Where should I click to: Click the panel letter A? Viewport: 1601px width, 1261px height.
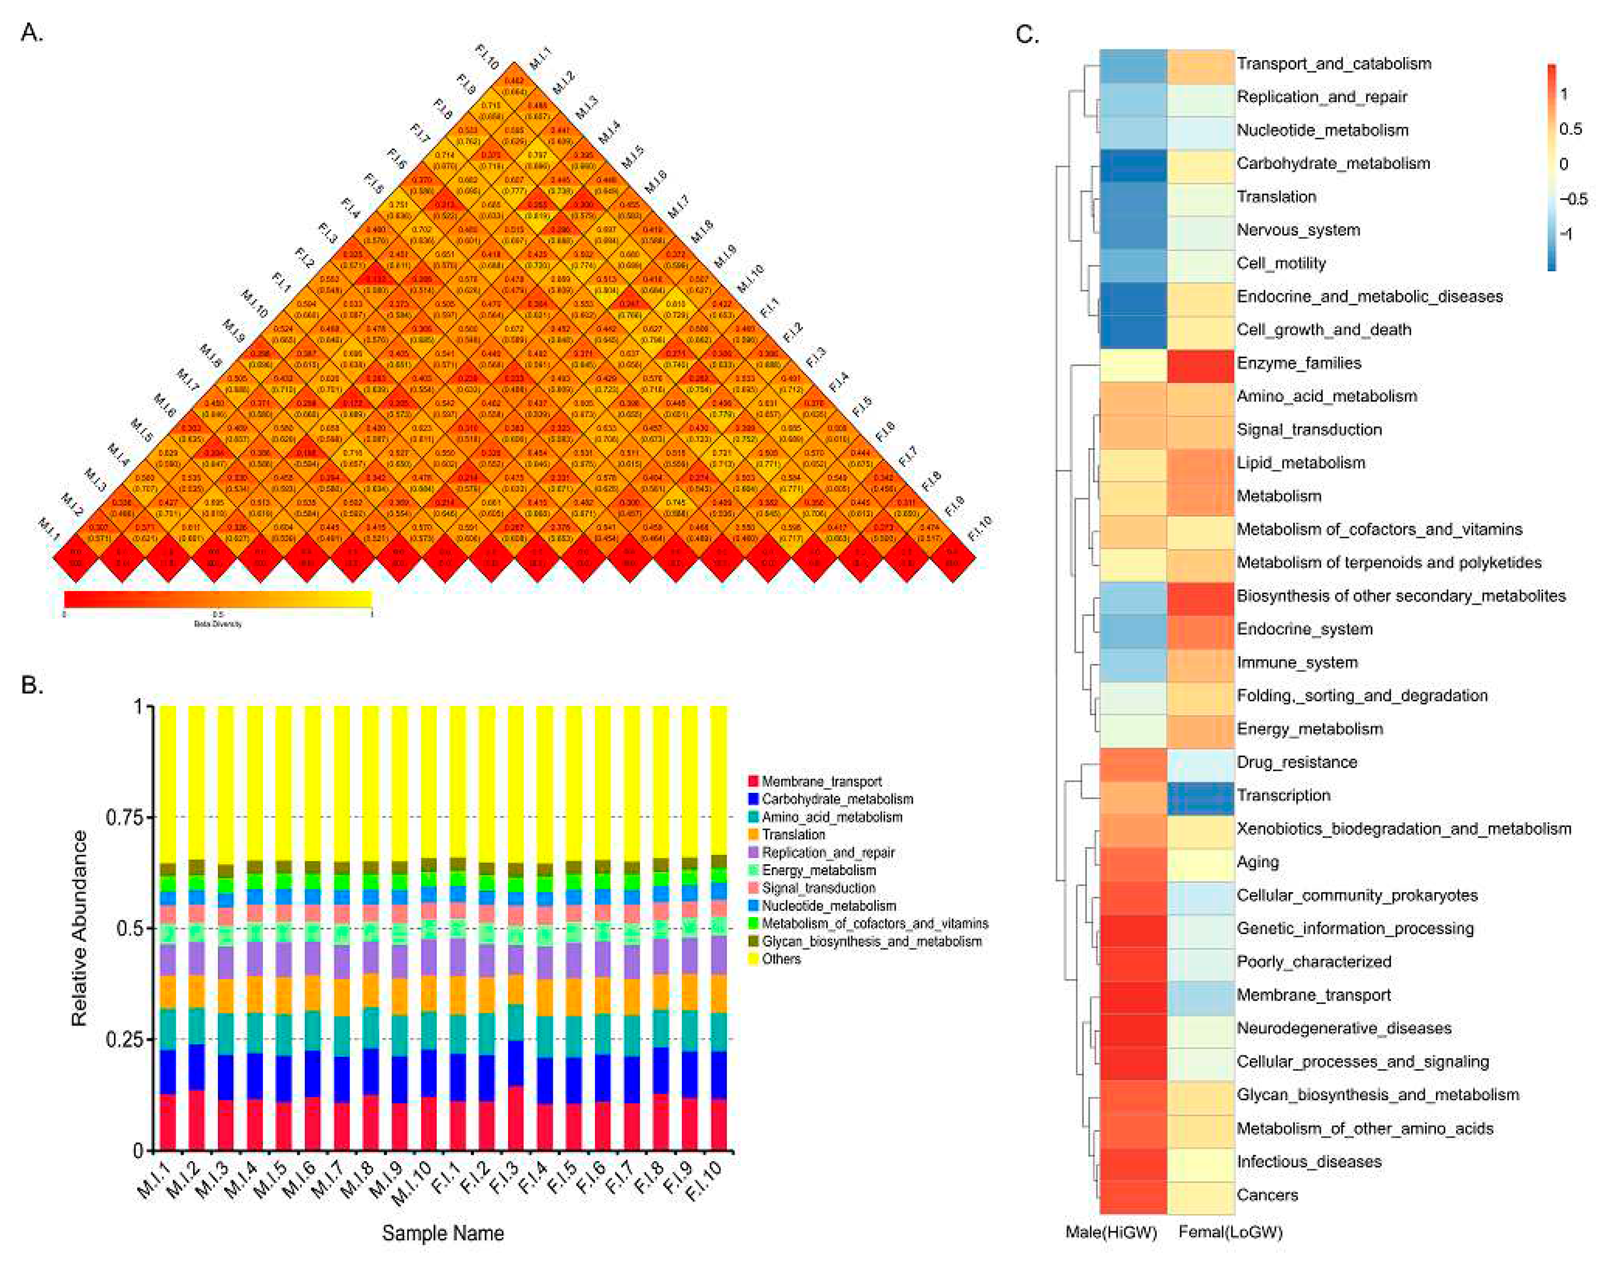[x=31, y=33]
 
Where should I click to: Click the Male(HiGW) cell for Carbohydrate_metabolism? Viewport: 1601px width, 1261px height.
[x=1132, y=164]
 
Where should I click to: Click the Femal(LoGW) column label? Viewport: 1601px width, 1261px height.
[x=1230, y=1232]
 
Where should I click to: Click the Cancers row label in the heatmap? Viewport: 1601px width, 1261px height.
[x=1267, y=1195]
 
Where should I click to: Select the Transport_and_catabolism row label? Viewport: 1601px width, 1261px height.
[x=1333, y=63]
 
